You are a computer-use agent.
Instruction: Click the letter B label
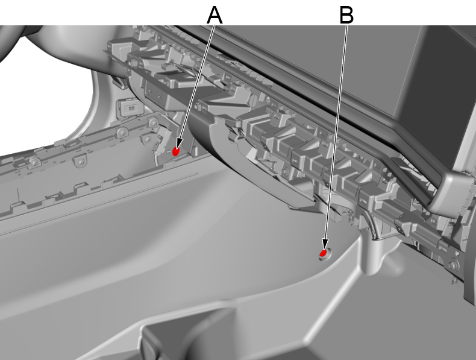click(x=346, y=14)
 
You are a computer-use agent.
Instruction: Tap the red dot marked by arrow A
click(x=177, y=151)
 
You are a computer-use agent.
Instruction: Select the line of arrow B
click(x=336, y=133)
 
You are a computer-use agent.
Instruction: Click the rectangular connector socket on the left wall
click(x=129, y=107)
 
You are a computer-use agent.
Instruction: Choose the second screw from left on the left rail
click(x=78, y=162)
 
